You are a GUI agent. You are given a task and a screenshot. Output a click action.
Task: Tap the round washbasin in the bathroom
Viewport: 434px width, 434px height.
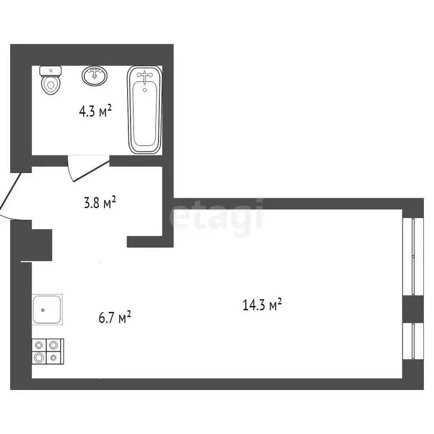pos(95,76)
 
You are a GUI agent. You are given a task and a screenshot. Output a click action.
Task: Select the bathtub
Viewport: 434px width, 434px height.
pos(145,110)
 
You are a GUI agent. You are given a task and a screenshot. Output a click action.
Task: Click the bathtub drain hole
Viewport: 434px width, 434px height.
pos(145,89)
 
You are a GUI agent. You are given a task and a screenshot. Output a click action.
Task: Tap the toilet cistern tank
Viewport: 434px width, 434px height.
pos(51,71)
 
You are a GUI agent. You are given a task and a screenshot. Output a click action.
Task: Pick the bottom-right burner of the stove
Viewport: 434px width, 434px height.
pos(53,357)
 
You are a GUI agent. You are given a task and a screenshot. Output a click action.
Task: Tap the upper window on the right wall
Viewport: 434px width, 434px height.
pos(413,256)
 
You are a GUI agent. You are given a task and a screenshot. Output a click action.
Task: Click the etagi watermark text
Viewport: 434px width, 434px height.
pos(218,215)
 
